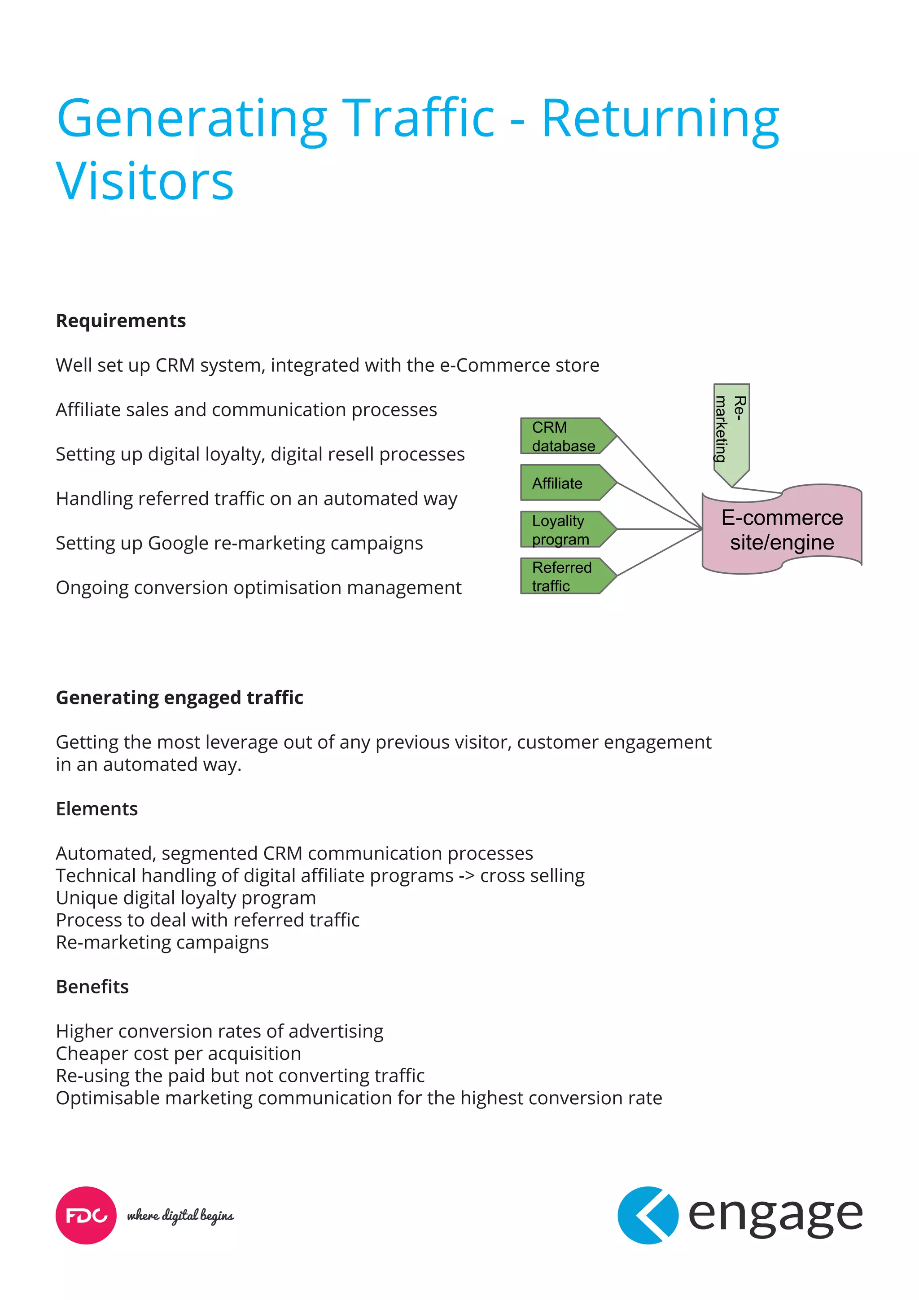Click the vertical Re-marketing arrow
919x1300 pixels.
731,430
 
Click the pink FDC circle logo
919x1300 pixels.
86,1215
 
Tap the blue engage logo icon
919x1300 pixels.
648,1215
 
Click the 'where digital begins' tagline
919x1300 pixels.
180,1216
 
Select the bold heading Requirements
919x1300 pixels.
121,321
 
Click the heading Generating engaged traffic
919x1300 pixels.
179,698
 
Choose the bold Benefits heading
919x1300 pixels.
92,986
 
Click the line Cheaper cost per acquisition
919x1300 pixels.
178,1053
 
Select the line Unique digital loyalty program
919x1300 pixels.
186,897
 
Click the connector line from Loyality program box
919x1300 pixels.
659,529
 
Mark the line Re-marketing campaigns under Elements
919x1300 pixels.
162,942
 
